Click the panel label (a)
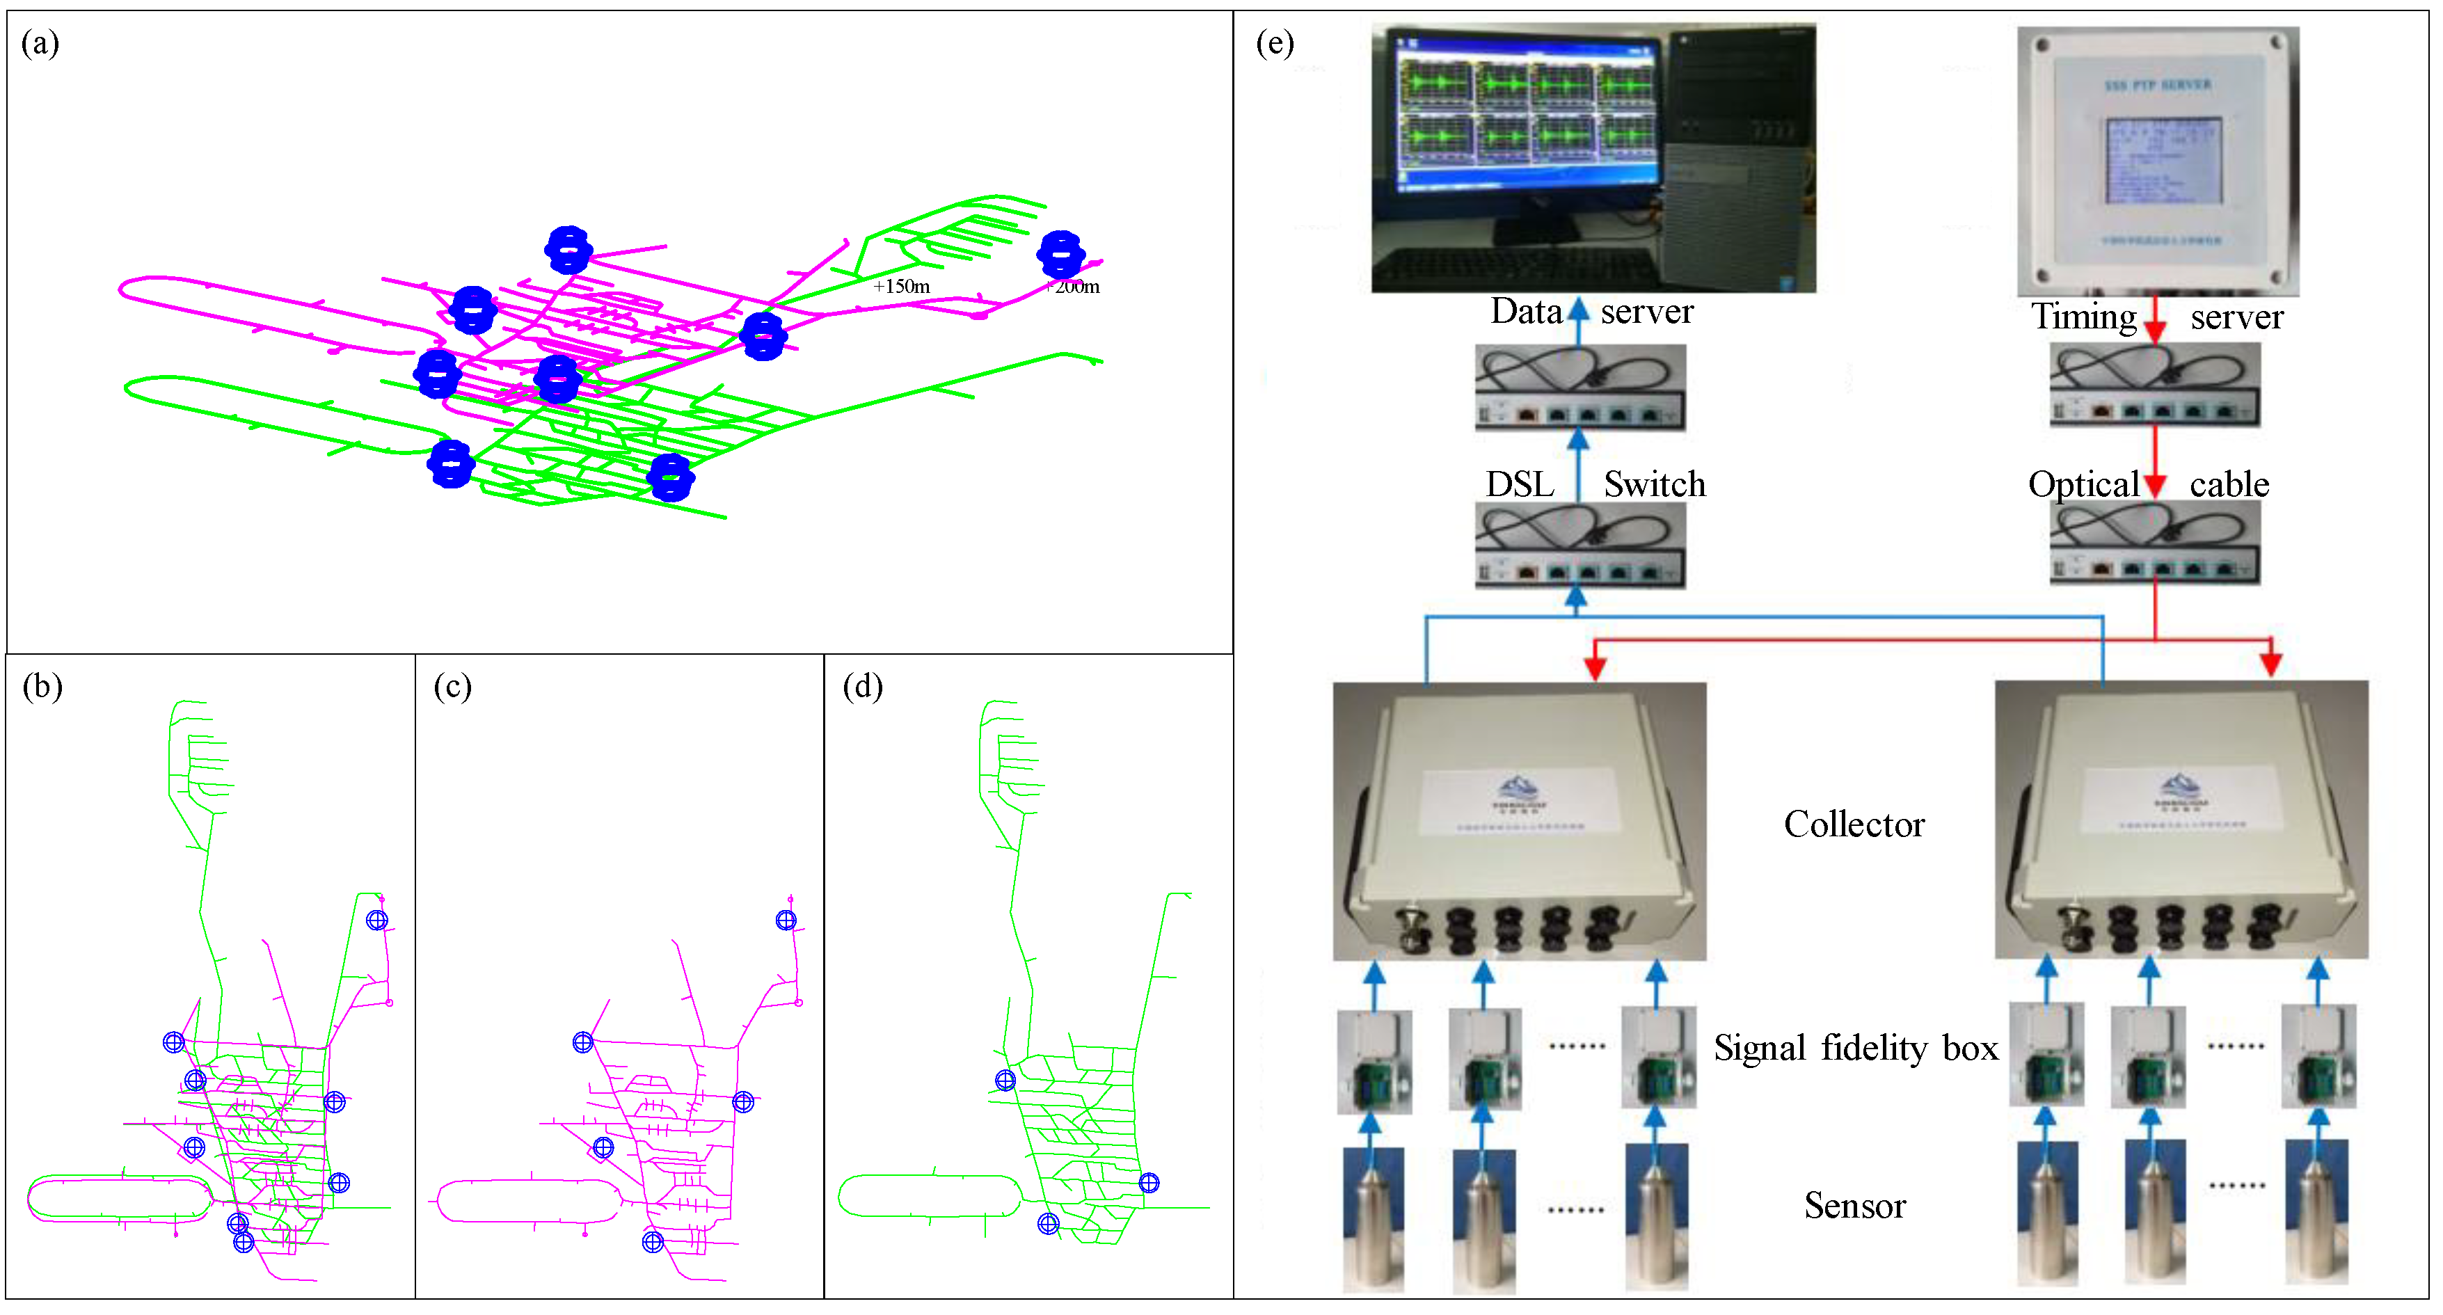tap(40, 44)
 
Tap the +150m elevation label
tap(901, 287)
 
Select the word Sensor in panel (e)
tap(1854, 1206)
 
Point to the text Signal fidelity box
tap(1855, 1049)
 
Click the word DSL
tap(1519, 484)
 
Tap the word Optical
tap(2083, 484)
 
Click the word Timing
tap(2083, 317)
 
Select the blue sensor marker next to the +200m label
tap(1060, 254)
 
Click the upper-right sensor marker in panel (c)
tap(786, 921)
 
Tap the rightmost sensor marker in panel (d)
tap(1149, 1183)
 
